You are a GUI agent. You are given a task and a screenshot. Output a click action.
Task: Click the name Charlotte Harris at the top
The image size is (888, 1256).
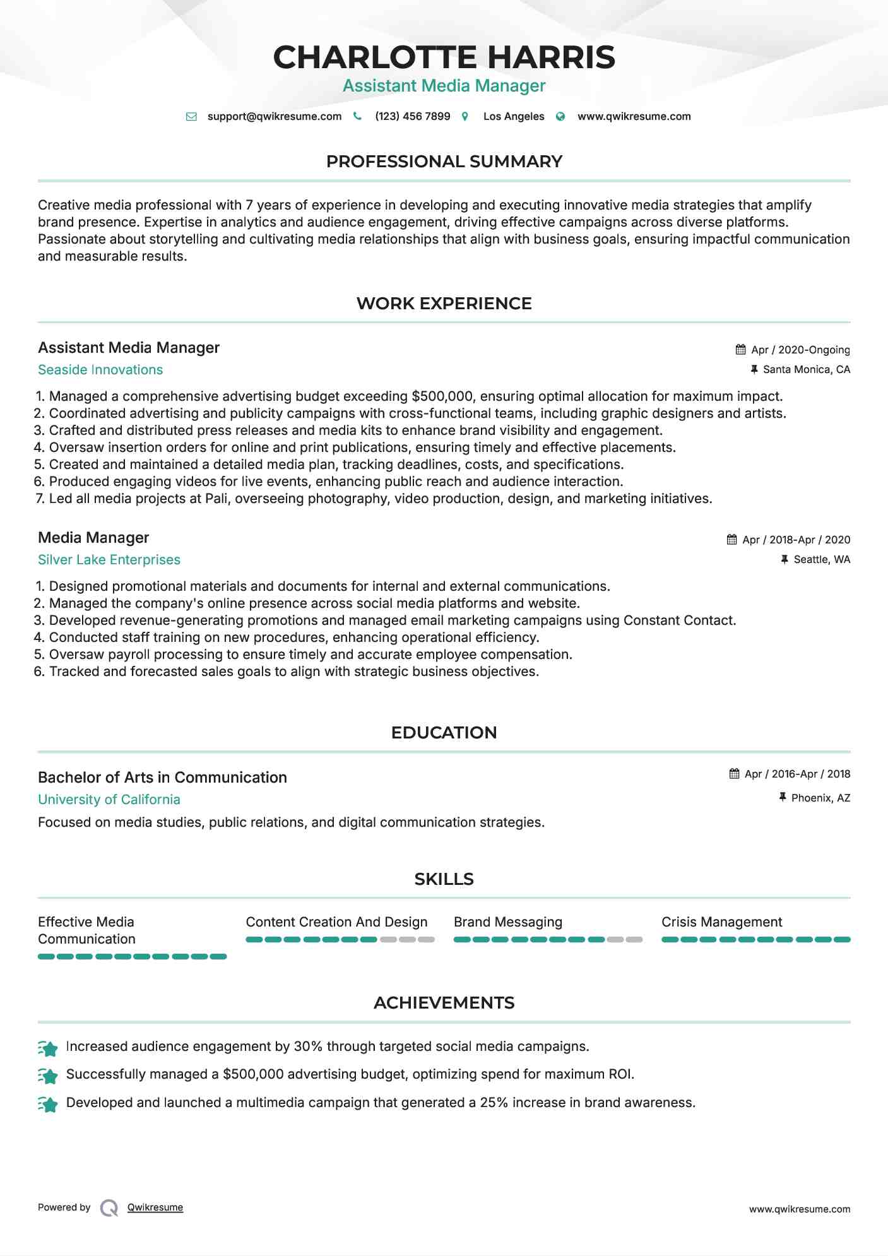click(444, 57)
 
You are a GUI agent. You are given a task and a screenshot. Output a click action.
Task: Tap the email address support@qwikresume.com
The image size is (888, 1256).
click(274, 116)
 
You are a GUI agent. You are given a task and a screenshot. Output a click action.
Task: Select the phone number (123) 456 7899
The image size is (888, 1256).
click(412, 116)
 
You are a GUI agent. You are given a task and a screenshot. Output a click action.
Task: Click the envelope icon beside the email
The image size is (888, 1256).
click(191, 116)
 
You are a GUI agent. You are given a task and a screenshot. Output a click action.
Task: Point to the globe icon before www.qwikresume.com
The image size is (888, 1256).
click(560, 116)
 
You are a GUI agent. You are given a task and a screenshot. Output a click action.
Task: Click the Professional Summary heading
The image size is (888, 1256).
click(444, 162)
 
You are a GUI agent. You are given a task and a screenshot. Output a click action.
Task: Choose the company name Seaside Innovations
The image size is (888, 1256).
click(100, 370)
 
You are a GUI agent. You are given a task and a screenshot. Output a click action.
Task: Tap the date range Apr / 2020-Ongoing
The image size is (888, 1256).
click(800, 350)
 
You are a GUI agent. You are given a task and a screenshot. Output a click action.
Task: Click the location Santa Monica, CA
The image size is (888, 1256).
click(806, 369)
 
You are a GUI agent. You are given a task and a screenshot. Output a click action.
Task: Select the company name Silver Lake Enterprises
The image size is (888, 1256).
click(109, 560)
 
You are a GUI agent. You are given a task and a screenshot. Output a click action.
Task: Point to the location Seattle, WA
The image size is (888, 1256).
click(822, 559)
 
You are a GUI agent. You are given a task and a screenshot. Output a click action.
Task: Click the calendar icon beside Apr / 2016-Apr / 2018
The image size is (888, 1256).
click(734, 774)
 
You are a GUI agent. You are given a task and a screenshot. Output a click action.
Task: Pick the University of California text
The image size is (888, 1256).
click(109, 800)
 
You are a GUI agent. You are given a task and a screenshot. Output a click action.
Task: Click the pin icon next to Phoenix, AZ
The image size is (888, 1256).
click(783, 797)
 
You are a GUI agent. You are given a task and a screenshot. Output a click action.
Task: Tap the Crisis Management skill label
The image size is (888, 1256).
click(721, 922)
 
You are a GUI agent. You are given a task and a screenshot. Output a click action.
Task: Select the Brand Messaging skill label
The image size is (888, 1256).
click(507, 922)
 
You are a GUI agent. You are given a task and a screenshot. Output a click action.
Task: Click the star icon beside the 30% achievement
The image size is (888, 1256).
click(48, 1048)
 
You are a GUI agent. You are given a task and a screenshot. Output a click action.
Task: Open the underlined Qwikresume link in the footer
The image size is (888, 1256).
click(155, 1207)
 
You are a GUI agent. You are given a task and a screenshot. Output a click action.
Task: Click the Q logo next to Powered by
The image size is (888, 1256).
click(109, 1208)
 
